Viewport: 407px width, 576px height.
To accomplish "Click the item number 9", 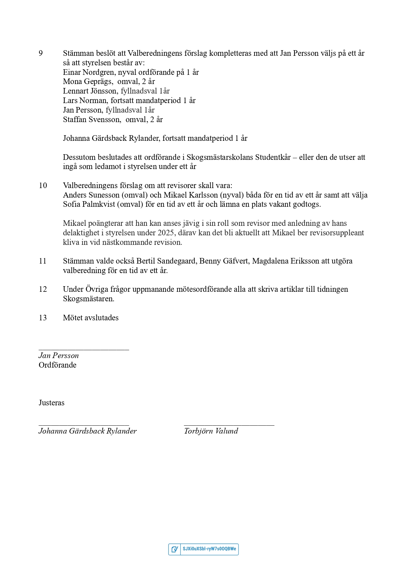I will (x=41, y=53).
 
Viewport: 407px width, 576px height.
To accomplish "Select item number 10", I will (x=43, y=186).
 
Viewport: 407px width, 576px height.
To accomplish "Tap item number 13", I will (x=43, y=318).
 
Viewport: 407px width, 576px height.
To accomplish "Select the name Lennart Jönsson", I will (x=90, y=91).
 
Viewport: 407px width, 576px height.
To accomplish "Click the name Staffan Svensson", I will (x=92, y=120).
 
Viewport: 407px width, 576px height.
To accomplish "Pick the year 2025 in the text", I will (x=166, y=233).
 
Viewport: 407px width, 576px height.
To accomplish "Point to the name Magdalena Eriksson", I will (x=285, y=261).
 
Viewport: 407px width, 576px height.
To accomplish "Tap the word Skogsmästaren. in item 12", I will (x=89, y=299).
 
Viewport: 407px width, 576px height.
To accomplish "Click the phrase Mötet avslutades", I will (x=91, y=318).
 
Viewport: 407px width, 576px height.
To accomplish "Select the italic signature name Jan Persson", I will (x=59, y=356).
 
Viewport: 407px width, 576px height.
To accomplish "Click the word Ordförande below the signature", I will (x=57, y=365).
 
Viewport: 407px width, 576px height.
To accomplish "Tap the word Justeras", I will (x=51, y=403).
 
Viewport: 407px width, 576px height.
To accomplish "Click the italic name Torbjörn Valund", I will (x=211, y=431).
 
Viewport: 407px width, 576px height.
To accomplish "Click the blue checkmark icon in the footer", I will (x=175, y=549).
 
